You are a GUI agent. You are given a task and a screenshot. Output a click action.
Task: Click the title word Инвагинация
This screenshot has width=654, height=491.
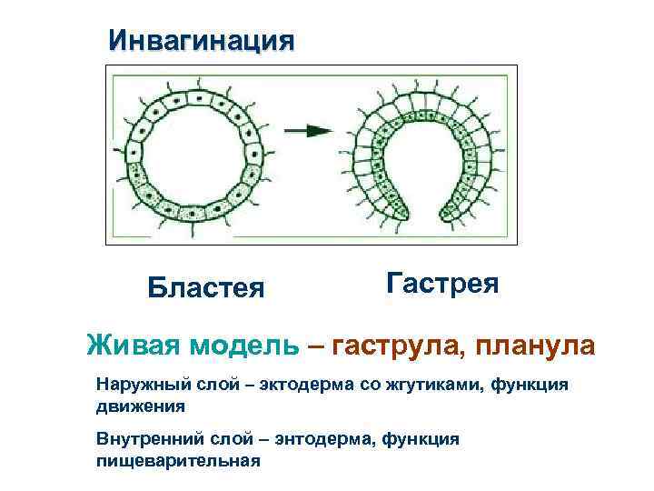click(201, 41)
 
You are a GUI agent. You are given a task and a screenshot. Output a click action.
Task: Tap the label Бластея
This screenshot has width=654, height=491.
click(206, 287)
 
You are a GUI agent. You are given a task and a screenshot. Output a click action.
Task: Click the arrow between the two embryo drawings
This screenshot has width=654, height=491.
click(308, 131)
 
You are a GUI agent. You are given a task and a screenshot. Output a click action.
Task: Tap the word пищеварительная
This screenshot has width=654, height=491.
click(178, 460)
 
